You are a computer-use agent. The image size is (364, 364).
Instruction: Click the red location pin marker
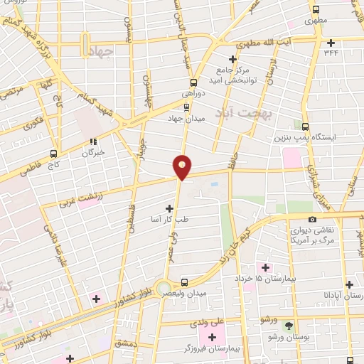(x=183, y=167)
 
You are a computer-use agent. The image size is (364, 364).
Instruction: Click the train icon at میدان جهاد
(x=186, y=107)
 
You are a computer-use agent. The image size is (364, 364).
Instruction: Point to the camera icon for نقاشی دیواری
(x=312, y=220)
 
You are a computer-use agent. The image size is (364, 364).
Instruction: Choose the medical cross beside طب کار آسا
(x=169, y=208)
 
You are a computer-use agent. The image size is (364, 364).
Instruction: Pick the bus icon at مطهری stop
(x=316, y=10)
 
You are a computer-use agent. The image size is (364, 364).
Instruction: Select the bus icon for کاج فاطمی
(x=53, y=153)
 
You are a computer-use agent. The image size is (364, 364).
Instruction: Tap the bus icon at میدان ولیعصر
(x=184, y=282)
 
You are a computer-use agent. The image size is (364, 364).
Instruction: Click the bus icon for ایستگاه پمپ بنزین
(x=305, y=126)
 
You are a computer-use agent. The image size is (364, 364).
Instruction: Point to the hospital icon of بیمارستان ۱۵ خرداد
(x=266, y=267)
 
